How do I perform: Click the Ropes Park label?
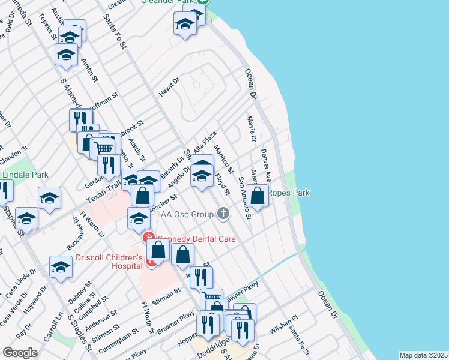[x=289, y=193]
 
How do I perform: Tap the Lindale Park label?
[x=25, y=175]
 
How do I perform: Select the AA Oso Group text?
[x=187, y=214]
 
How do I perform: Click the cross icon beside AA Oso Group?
[x=223, y=213]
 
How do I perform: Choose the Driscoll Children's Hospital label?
[x=109, y=262]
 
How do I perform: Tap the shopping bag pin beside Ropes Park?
[x=258, y=196]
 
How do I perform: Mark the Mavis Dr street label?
[x=251, y=125]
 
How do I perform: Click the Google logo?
[x=20, y=353]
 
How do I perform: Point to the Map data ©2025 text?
[x=423, y=355]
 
